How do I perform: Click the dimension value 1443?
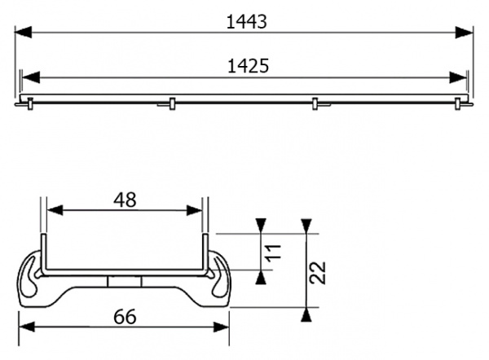244,22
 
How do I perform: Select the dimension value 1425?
244,66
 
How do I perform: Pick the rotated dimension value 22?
319,272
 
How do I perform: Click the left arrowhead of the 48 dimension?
51,210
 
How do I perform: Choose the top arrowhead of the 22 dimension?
306,226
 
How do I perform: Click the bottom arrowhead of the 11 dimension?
261,277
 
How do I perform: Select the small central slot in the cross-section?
125,280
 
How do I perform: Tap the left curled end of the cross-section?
33,277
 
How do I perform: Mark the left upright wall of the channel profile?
42,252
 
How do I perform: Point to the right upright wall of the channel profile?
206,252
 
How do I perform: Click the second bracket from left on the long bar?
171,103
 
